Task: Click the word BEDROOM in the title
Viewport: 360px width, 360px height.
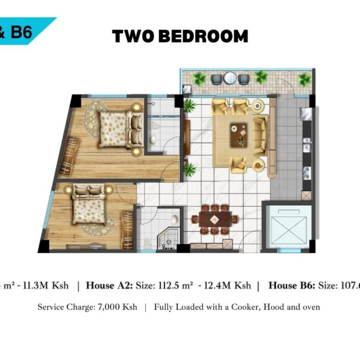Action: (204, 36)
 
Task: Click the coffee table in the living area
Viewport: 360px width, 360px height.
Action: (239, 135)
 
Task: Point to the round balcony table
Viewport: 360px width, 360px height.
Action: (230, 78)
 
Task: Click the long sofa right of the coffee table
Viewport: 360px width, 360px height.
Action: (260, 136)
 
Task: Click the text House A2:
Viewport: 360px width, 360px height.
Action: (111, 286)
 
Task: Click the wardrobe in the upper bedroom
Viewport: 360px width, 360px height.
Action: (69, 156)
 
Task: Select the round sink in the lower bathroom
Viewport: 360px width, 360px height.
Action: (176, 220)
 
